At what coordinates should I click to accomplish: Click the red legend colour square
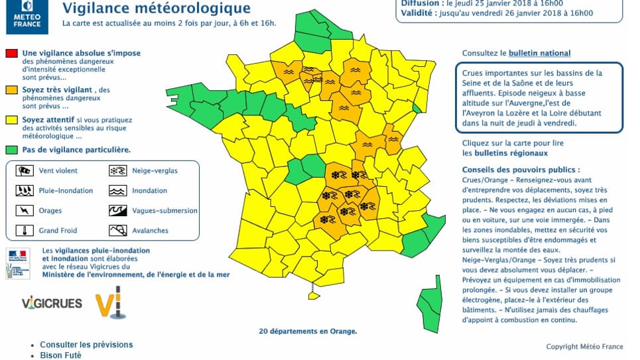11,53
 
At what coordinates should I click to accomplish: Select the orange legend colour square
11,89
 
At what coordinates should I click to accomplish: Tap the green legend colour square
11,150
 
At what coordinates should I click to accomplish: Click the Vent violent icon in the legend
25,170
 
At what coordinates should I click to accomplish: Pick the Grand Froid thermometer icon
25,231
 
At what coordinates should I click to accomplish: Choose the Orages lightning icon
25,211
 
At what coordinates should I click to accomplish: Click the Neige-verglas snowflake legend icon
118,170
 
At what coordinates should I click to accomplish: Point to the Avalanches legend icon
118,231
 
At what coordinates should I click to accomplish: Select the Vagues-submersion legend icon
118,211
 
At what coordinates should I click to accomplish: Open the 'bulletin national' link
539,53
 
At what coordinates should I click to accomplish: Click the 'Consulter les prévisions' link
86,345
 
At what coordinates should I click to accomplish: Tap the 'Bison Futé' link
60,355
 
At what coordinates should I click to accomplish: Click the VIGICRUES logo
52,304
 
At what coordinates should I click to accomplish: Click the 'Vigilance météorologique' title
157,9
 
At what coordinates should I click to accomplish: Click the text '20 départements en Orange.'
308,331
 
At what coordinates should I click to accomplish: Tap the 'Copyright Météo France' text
584,347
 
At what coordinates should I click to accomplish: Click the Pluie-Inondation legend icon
25,191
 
